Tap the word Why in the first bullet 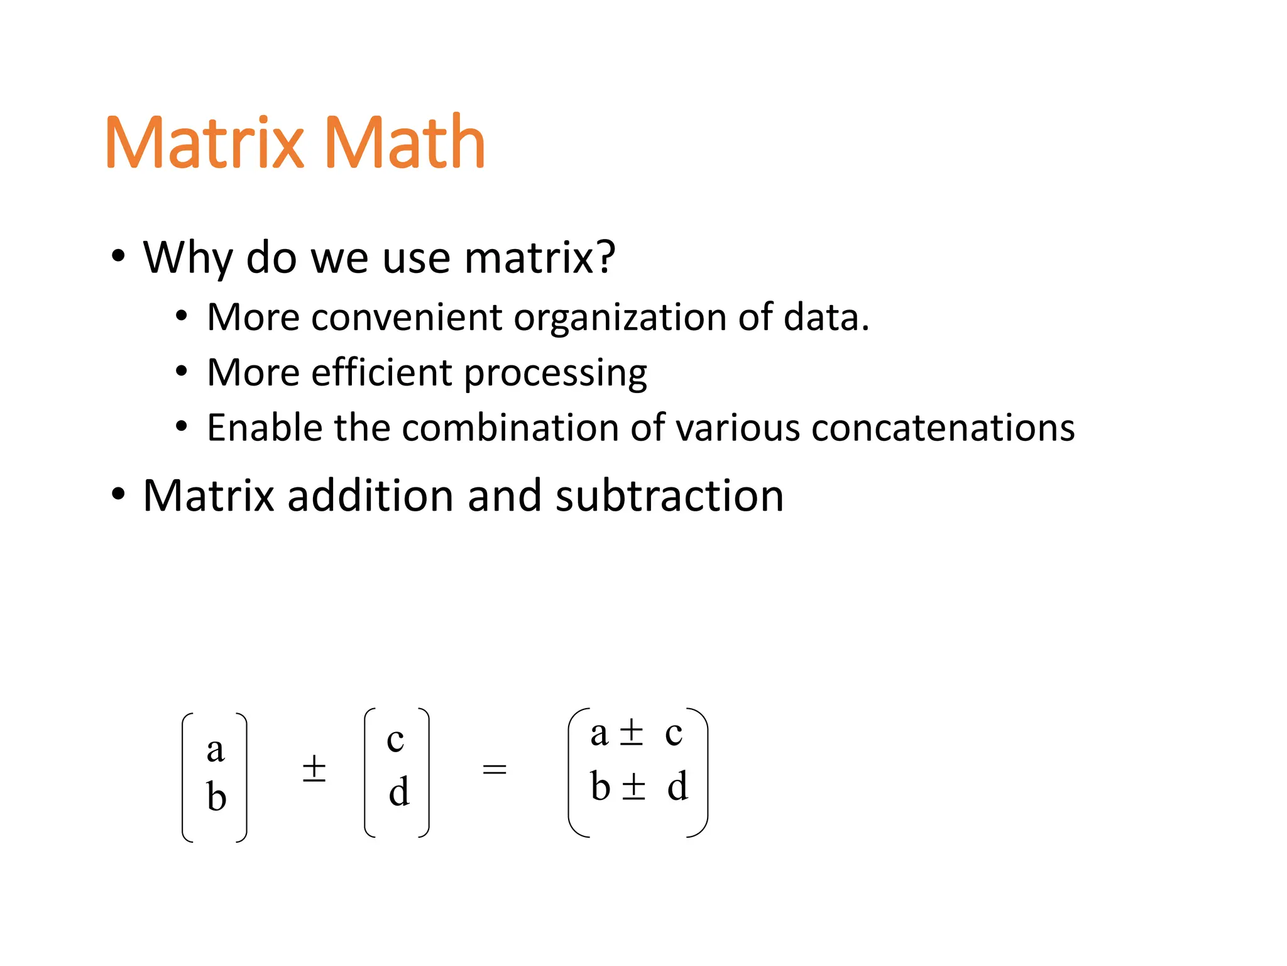pyautogui.click(x=187, y=258)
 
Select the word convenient pyautogui.click(x=406, y=317)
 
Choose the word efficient pyautogui.click(x=381, y=372)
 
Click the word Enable pyautogui.click(x=264, y=428)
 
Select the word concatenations pyautogui.click(x=943, y=428)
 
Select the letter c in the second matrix pyautogui.click(x=395, y=740)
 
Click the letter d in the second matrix pyautogui.click(x=399, y=791)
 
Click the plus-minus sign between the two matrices pyautogui.click(x=314, y=769)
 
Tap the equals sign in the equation pyautogui.click(x=495, y=769)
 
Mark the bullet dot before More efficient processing pyautogui.click(x=182, y=372)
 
